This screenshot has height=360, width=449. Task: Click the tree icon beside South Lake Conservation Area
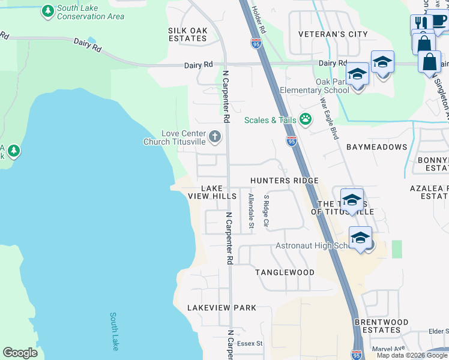pos(47,11)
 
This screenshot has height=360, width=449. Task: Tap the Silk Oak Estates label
pos(187,34)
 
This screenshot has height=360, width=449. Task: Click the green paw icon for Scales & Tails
pos(306,119)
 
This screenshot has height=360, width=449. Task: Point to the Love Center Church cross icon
pos(215,137)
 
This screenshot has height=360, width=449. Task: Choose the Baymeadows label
pos(376,146)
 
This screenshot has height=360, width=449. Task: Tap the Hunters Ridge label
pos(284,181)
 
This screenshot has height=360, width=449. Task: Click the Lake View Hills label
pos(212,192)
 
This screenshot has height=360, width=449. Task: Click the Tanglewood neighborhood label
pos(285,272)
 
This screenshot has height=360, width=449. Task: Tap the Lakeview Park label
pos(221,308)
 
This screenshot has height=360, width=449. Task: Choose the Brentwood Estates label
pos(381,326)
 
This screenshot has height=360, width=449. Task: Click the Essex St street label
pos(250,344)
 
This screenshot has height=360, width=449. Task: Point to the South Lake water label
pos(114,331)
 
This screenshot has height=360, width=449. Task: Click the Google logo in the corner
pos(20,353)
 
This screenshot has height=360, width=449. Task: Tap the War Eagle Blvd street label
pos(330,118)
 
